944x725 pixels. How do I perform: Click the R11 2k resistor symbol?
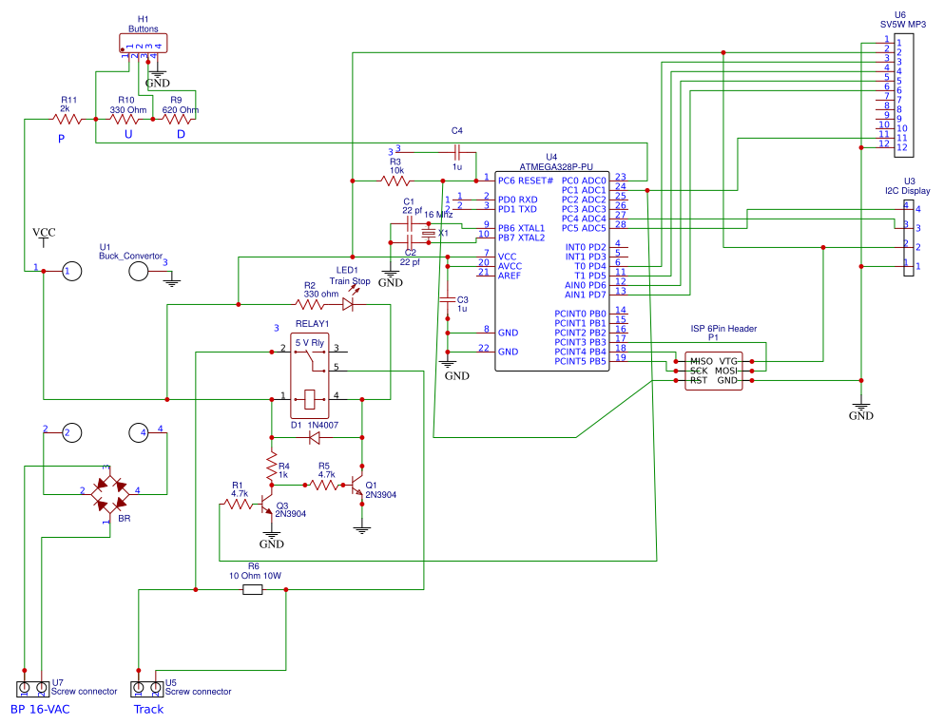click(x=67, y=120)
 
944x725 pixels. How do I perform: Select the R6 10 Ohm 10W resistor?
click(x=252, y=590)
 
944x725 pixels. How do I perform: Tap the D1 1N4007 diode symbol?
click(x=314, y=438)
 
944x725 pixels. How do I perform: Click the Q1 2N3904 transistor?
click(x=359, y=486)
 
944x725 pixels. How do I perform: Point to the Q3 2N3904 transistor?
click(x=269, y=505)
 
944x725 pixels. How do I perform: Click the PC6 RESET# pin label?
click(x=525, y=181)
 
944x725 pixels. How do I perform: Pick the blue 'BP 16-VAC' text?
click(x=41, y=709)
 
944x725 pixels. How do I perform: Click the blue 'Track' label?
click(x=148, y=709)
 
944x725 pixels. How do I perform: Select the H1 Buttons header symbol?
click(x=143, y=44)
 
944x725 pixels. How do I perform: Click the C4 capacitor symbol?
click(x=457, y=151)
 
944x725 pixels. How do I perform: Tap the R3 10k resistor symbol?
click(x=396, y=181)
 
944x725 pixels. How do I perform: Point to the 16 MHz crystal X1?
click(x=429, y=232)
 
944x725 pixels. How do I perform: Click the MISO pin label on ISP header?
click(x=701, y=362)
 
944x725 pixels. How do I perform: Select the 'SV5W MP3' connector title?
click(x=902, y=24)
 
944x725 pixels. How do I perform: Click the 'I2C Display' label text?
click(x=907, y=191)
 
